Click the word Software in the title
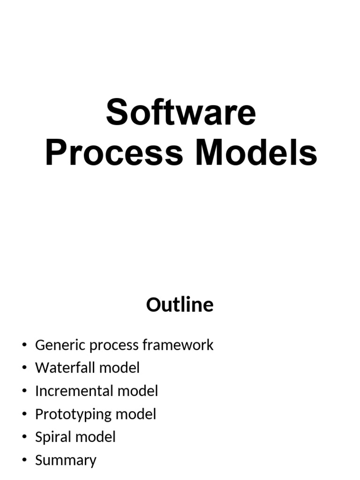click(181, 113)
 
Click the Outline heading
click(180, 305)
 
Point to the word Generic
click(60, 345)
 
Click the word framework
click(178, 345)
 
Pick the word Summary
click(66, 460)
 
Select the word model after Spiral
click(95, 437)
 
